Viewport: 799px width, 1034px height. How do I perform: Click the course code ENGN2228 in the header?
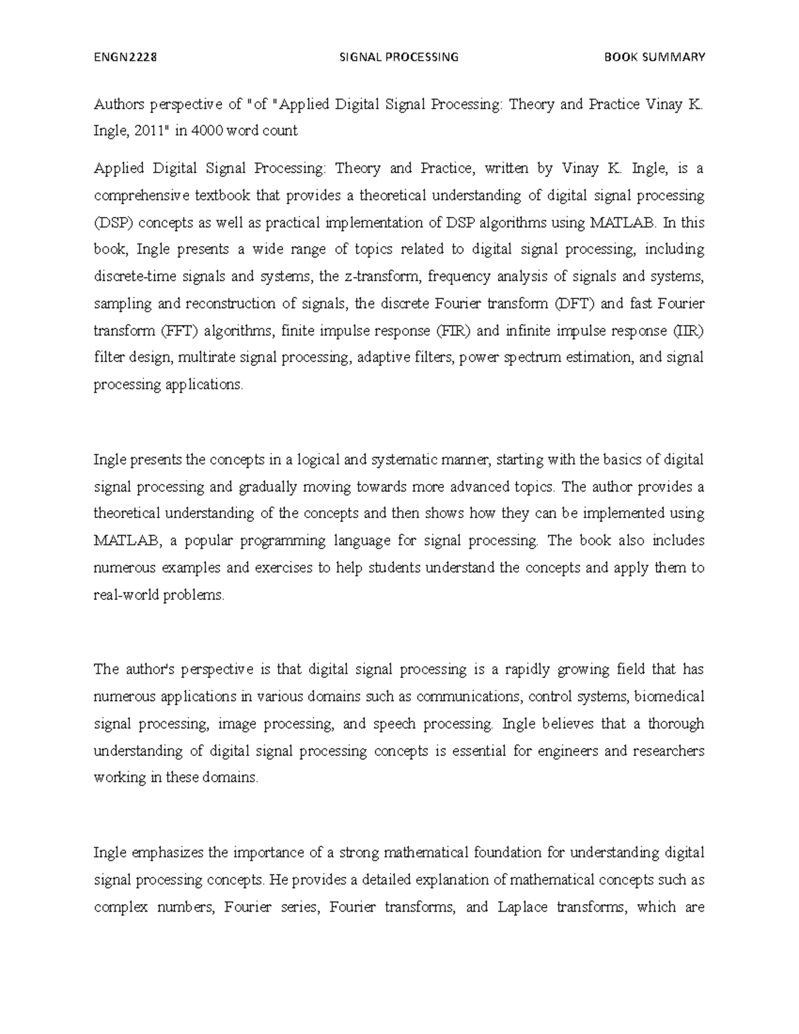click(125, 57)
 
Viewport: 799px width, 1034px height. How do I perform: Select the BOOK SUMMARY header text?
click(654, 57)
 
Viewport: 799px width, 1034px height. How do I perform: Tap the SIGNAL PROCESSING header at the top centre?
click(399, 57)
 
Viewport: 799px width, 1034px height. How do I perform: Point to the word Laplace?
click(522, 907)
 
